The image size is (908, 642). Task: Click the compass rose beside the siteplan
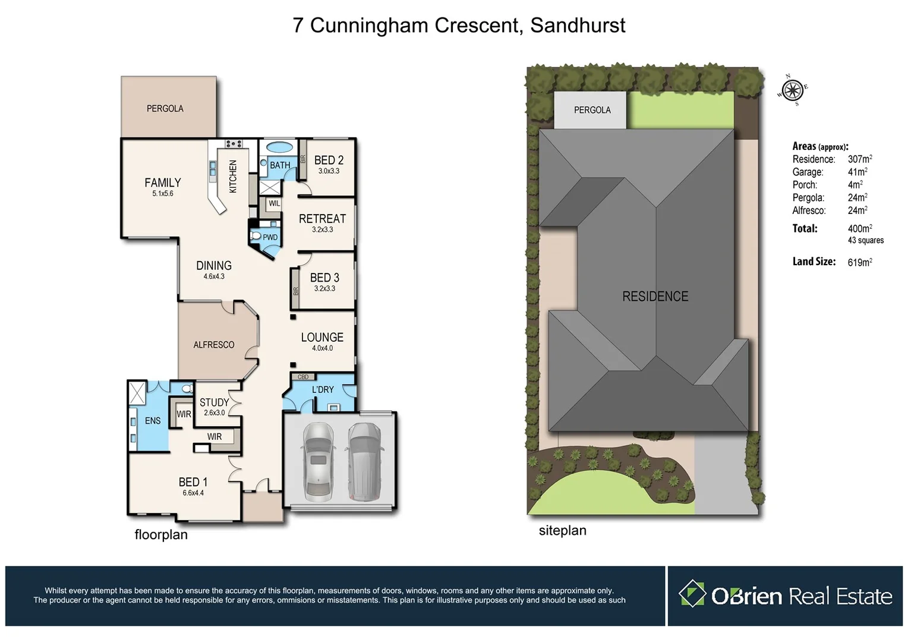pos(792,90)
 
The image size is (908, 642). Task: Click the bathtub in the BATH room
pos(279,147)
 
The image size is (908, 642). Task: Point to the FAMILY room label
pos(162,182)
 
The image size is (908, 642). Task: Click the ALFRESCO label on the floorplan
pos(213,345)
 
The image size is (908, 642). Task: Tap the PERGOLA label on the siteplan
pos(592,110)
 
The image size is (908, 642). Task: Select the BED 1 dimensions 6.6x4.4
pos(193,493)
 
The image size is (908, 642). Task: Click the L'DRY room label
pos(323,389)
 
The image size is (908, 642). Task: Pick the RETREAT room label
pos(322,219)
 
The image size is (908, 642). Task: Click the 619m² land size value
pos(859,262)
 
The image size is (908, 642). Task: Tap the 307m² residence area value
pos(859,159)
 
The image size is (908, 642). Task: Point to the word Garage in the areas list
pos(808,172)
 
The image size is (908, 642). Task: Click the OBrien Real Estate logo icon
pos(692,594)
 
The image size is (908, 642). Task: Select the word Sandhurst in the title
pos(577,26)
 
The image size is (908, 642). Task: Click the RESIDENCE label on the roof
pos(655,296)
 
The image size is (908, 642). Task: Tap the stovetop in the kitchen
pos(233,144)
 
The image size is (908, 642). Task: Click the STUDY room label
pos(214,402)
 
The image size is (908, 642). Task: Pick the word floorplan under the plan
pos(161,534)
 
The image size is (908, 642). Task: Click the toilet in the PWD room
pos(256,236)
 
